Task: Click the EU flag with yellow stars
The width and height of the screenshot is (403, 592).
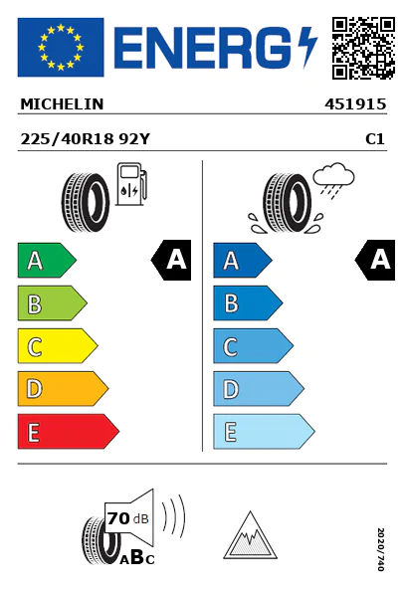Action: tap(61, 47)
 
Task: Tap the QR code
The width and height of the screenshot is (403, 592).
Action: tap(363, 48)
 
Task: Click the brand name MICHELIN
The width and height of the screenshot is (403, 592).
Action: tap(62, 104)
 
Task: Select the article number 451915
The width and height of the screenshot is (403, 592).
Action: tap(355, 104)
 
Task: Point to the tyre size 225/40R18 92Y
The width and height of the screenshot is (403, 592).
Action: tap(86, 139)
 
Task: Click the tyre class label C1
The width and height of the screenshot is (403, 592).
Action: tap(375, 139)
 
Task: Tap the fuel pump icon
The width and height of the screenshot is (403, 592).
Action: tap(131, 184)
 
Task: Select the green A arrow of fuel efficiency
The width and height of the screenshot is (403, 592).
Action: tap(47, 260)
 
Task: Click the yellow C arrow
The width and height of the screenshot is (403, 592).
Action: tap(58, 346)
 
